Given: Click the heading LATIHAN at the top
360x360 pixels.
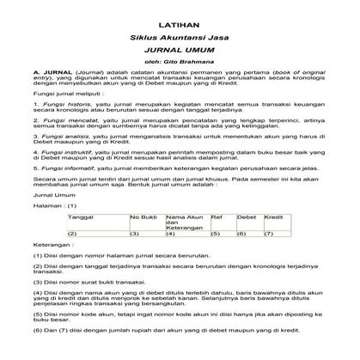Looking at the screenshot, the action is [180, 28].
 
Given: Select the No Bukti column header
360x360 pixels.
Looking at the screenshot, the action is [143, 218].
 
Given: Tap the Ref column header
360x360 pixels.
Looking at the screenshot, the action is [217, 218].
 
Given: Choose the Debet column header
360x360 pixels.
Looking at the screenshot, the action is [247, 218].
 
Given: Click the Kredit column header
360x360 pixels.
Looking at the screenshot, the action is [274, 218].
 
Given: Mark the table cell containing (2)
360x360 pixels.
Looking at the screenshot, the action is [73, 233].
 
